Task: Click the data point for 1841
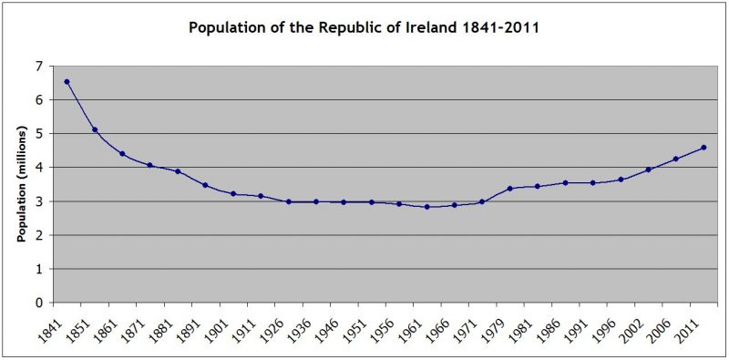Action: pyautogui.click(x=67, y=82)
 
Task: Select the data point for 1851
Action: pyautogui.click(x=95, y=129)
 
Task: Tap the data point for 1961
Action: pyautogui.click(x=426, y=207)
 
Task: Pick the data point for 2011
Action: pyautogui.click(x=703, y=148)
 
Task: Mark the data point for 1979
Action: pyautogui.click(x=509, y=189)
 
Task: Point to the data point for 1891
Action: pyautogui.click(x=205, y=185)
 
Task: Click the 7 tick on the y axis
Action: pyautogui.click(x=38, y=66)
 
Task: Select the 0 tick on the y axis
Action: pyautogui.click(x=38, y=303)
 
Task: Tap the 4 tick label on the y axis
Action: pyautogui.click(x=38, y=168)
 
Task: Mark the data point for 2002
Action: pyautogui.click(x=648, y=170)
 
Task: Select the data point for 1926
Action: pyautogui.click(x=288, y=201)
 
